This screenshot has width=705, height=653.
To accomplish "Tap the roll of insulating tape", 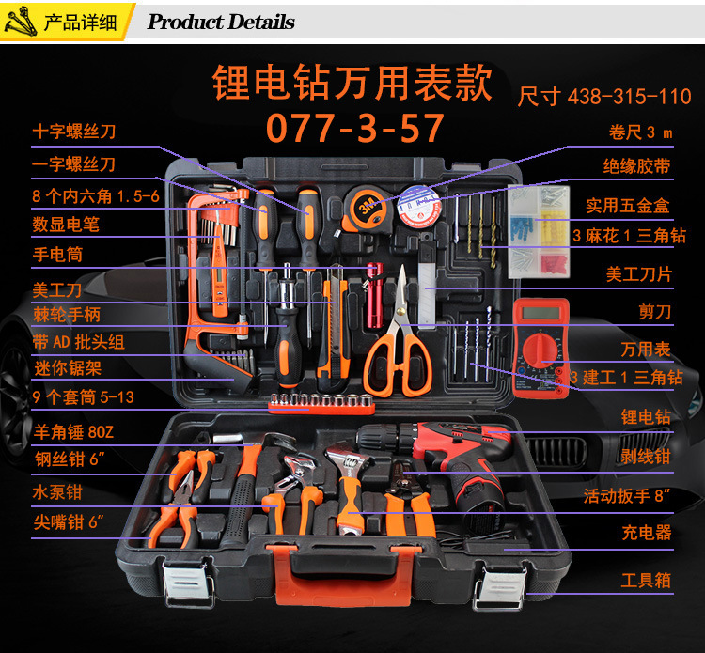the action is (x=419, y=208).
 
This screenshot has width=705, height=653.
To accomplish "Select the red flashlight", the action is (x=374, y=295).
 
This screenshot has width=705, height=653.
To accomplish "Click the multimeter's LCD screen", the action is (x=541, y=313).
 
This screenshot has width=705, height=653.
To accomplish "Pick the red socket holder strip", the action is (x=321, y=404).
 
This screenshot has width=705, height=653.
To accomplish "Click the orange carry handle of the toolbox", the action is (x=342, y=574).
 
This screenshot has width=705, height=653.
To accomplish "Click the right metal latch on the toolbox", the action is (x=499, y=585).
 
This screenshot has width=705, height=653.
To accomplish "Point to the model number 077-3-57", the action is (x=354, y=128).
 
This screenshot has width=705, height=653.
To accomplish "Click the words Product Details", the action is (x=221, y=22).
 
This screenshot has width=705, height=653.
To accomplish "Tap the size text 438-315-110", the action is (x=630, y=97).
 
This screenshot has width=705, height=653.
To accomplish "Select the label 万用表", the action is (x=646, y=350).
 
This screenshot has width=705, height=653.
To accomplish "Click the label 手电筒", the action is (x=57, y=255).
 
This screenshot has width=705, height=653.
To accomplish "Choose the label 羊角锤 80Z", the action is (x=73, y=432).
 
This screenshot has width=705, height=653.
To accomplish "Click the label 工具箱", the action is (x=646, y=581).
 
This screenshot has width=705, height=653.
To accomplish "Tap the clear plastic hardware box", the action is (x=539, y=231).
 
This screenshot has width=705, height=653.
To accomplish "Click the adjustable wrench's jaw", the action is (x=345, y=456).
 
